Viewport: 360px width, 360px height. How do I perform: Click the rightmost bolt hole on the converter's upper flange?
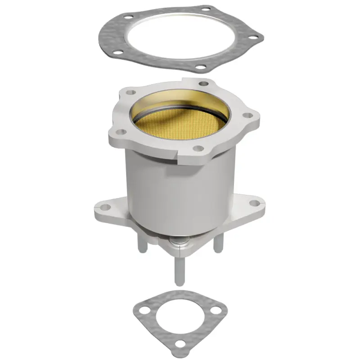click(x=246, y=116)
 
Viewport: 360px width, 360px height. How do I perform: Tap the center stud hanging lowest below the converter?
click(x=179, y=270)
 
